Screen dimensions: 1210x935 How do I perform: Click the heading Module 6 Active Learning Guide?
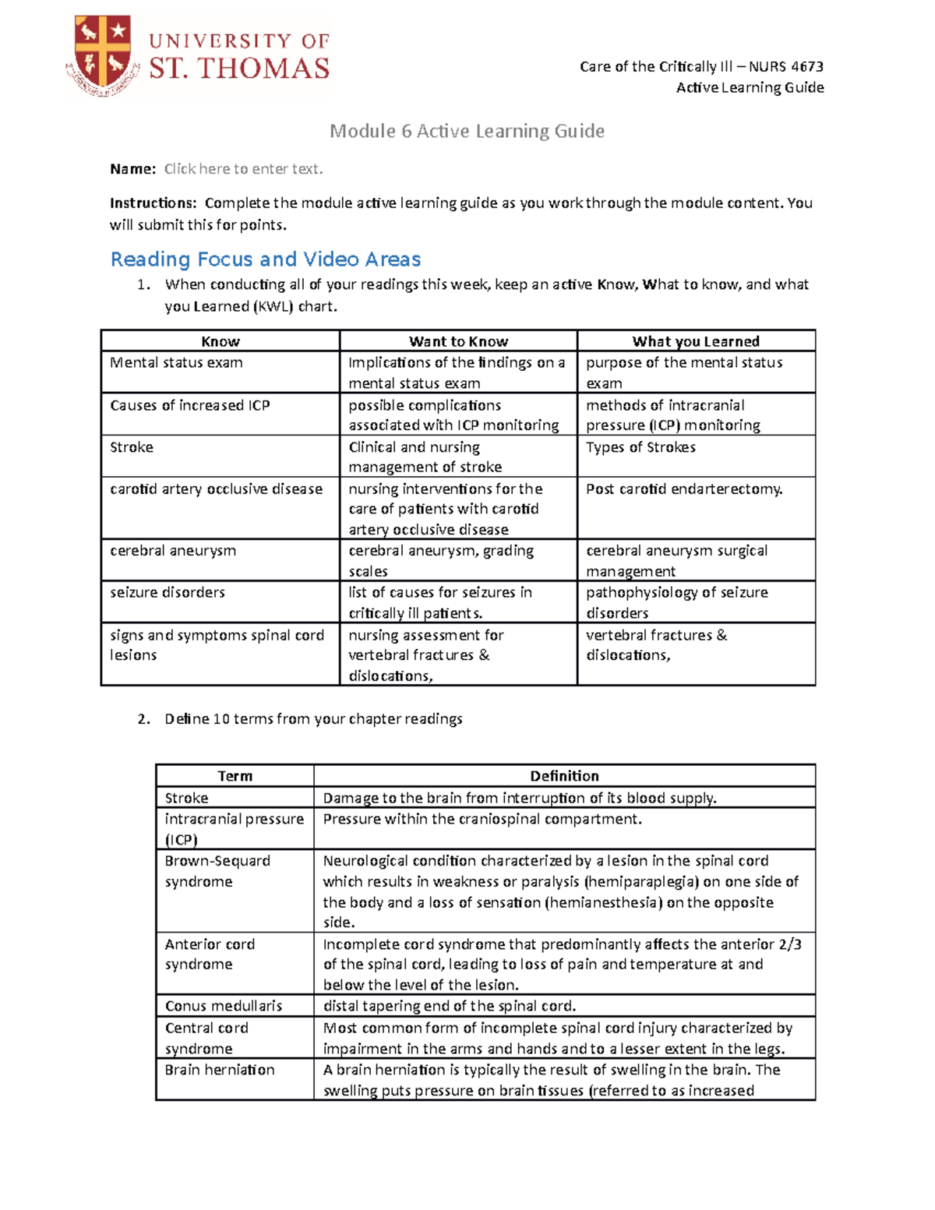467,131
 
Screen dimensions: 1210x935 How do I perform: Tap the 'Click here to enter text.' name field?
243,169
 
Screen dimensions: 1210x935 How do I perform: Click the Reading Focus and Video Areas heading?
266,259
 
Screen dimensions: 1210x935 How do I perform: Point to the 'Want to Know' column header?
458,341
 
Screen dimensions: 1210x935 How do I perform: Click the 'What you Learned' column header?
696,341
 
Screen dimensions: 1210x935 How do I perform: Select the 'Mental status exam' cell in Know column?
177,363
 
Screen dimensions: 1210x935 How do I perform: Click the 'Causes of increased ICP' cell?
190,405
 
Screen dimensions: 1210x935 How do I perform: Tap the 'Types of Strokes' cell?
640,447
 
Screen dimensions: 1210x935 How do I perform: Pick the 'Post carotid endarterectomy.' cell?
684,489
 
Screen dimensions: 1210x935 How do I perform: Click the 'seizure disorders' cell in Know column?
168,592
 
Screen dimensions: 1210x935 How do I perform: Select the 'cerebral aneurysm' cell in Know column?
173,551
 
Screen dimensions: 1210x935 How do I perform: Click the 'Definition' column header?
564,776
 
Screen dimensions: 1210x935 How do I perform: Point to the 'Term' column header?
235,776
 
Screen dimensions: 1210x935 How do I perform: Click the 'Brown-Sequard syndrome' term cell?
217,871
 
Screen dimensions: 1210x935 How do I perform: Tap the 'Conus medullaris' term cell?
224,1006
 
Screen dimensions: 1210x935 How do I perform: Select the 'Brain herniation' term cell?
220,1070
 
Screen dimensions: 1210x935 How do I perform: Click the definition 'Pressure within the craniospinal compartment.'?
482,819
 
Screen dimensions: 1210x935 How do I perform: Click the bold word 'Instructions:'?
153,203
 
